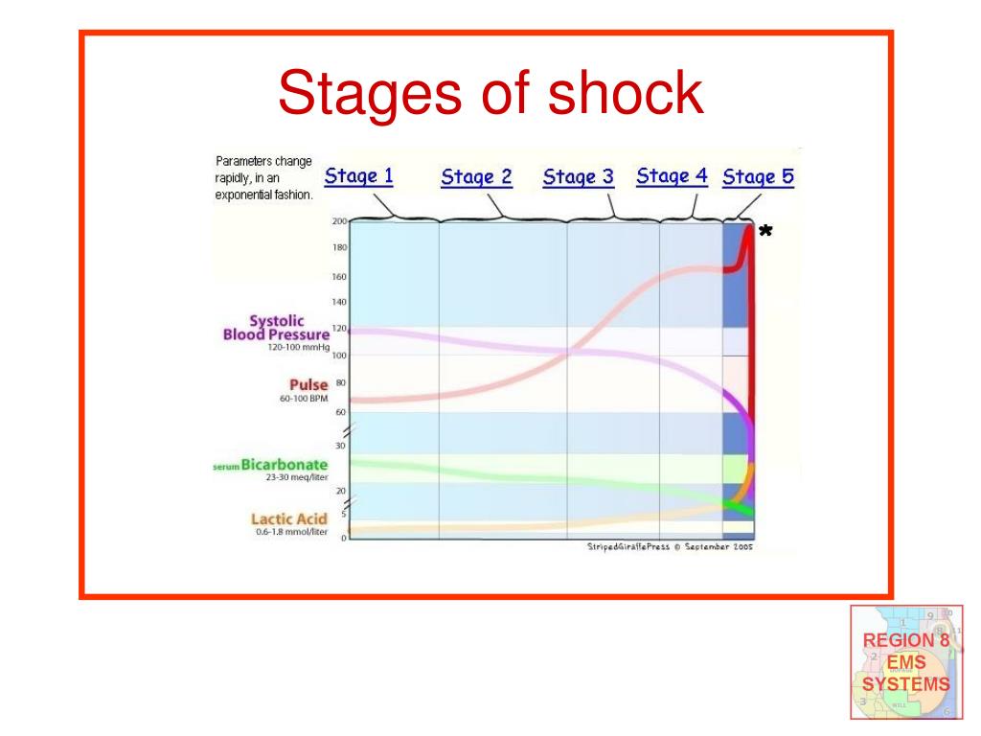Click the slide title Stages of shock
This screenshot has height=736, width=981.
click(490, 94)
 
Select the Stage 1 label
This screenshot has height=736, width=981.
click(358, 176)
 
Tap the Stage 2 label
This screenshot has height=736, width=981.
click(476, 177)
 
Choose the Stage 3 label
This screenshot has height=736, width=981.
click(578, 177)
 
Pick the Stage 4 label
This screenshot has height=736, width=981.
click(672, 176)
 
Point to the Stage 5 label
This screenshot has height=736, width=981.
click(758, 177)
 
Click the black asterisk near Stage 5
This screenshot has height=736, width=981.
click(764, 233)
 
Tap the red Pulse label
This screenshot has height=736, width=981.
click(308, 385)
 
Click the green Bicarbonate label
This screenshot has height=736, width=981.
click(285, 465)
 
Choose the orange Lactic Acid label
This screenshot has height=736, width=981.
click(288, 518)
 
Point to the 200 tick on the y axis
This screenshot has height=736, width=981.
click(339, 221)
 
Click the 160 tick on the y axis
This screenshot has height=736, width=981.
click(339, 277)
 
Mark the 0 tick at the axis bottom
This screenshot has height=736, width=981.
click(343, 539)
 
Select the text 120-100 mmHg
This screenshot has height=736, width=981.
click(298, 348)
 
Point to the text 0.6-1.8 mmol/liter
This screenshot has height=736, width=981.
click(291, 532)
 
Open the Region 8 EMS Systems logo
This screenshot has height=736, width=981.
click(906, 662)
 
